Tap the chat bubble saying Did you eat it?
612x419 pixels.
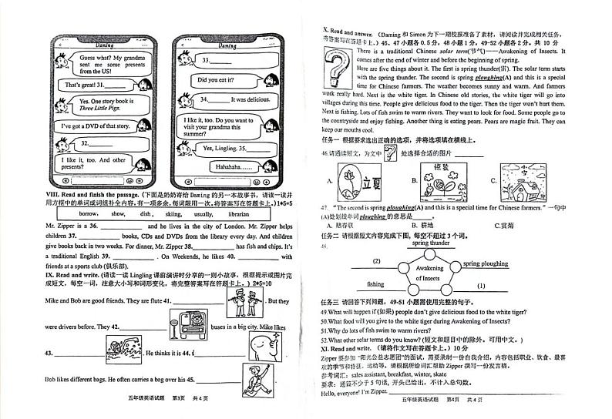(223, 79)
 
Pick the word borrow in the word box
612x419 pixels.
(88, 213)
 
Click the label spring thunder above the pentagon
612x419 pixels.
(430, 243)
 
